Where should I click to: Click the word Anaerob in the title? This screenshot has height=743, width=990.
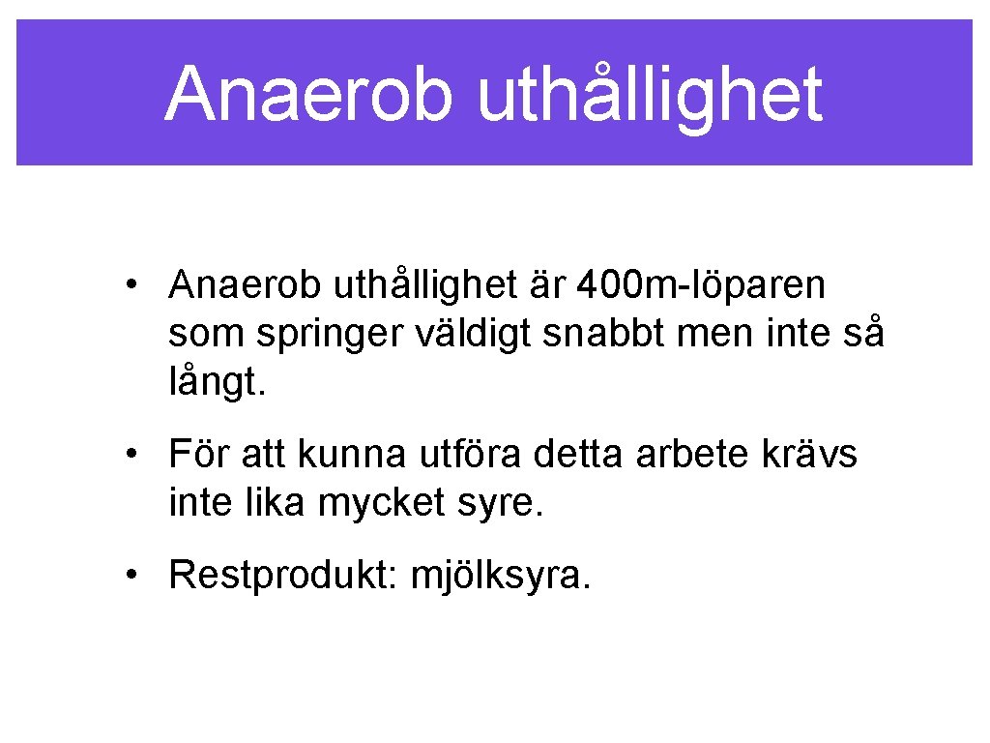point(307,94)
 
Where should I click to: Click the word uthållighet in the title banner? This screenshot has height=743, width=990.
point(650,94)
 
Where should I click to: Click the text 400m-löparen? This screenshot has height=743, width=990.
point(701,285)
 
